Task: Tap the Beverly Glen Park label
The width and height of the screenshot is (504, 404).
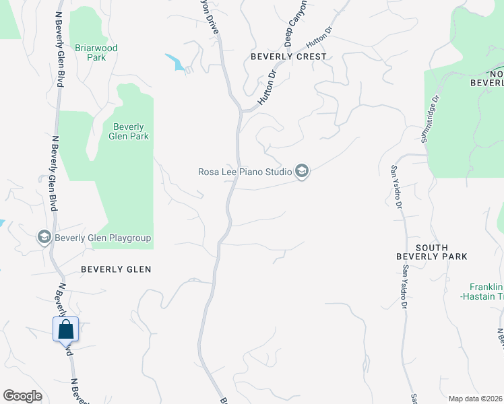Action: (128, 131)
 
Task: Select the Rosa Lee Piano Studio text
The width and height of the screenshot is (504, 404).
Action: (245, 172)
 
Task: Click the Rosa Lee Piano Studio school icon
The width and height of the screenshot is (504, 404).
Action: (302, 172)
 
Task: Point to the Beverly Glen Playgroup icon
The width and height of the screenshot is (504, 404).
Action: (44, 237)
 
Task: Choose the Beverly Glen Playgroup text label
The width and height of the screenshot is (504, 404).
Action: (102, 238)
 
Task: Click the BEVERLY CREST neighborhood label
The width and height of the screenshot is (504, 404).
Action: (288, 57)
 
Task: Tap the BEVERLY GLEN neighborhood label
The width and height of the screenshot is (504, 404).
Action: (116, 269)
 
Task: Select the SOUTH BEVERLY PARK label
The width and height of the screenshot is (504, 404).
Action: (431, 251)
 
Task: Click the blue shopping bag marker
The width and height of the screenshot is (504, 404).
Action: (66, 329)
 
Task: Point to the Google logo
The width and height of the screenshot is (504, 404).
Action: (22, 396)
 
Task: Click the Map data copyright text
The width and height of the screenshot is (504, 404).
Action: (476, 399)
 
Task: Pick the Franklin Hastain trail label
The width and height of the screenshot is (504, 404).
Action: (482, 290)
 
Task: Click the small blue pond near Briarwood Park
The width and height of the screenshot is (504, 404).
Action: (177, 63)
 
